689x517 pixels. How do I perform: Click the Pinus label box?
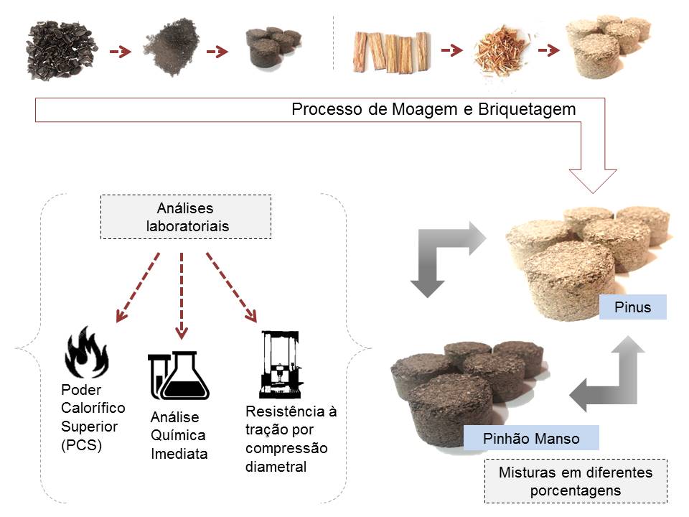633,307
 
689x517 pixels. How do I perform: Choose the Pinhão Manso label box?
531,438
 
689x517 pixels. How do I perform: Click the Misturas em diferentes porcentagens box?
576,481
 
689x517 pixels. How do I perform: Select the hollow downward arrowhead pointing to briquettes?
592,180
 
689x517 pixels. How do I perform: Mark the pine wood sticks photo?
391,52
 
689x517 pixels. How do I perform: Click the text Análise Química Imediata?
179,435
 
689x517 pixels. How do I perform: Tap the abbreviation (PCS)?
82,445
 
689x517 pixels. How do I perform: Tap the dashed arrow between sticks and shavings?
450,50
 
